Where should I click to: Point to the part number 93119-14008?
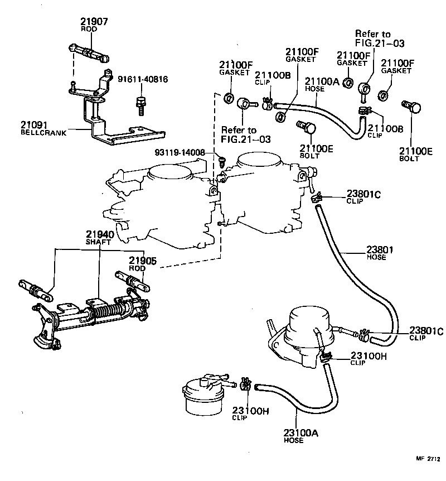[x=180, y=152]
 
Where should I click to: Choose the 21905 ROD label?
[x=143, y=263]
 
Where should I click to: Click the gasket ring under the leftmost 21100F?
[x=229, y=100]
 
